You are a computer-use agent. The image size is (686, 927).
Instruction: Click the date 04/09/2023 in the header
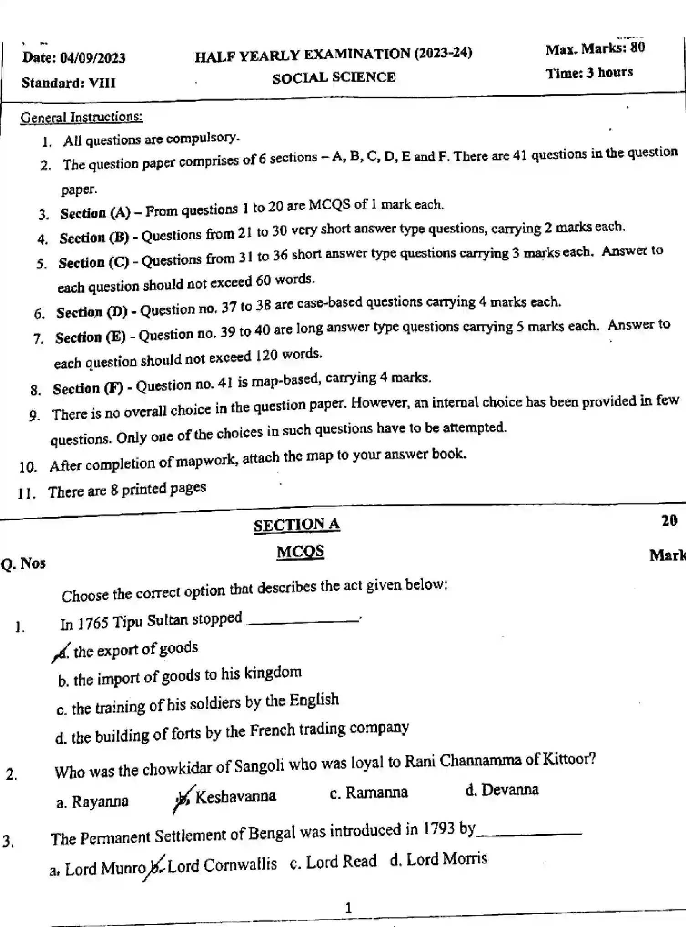coord(93,58)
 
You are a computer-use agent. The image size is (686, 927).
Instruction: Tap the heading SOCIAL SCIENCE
coord(334,77)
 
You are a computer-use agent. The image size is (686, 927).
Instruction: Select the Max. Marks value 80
coord(637,47)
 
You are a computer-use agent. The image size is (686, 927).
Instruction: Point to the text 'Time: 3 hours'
coord(589,72)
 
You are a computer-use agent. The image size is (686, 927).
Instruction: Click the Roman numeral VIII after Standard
coord(102,83)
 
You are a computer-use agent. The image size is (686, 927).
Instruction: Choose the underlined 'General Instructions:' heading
coord(82,117)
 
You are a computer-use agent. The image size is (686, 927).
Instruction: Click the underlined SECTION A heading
coord(297,525)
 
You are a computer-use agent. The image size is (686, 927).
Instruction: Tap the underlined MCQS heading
coord(300,552)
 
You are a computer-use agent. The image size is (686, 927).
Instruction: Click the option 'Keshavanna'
coord(235,796)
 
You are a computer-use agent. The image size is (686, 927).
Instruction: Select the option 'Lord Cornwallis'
coord(222,864)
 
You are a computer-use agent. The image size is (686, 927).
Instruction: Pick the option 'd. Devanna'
coord(502,790)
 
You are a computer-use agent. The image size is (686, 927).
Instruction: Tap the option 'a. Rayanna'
coord(93,802)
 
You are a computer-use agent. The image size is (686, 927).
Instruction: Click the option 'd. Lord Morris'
coord(438,859)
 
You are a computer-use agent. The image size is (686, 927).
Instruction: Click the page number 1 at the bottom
coord(348,908)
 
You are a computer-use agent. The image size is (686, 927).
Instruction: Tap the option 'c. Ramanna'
coord(369,793)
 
